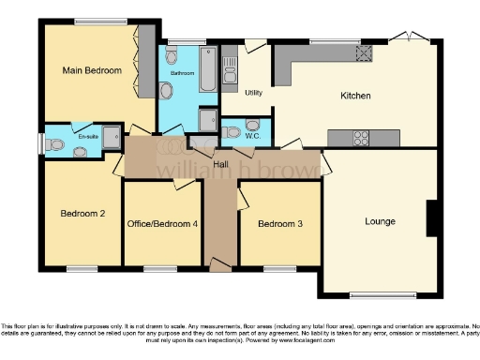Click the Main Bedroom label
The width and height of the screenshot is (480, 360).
(x=93, y=71)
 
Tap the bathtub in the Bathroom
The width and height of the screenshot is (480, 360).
(x=207, y=71)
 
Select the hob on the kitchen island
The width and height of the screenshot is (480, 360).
(x=362, y=139)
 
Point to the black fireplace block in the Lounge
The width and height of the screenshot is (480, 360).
(x=431, y=218)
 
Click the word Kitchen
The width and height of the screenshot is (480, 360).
(x=355, y=96)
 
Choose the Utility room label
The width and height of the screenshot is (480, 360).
(x=253, y=93)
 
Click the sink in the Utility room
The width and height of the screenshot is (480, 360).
(x=230, y=73)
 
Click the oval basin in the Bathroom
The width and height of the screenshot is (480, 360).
(x=167, y=91)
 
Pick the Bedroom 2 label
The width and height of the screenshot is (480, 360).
(x=82, y=214)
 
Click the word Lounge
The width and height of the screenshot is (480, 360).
(x=380, y=222)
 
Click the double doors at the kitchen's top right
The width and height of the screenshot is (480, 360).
(x=410, y=37)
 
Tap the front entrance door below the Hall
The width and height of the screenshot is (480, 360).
(x=219, y=266)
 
